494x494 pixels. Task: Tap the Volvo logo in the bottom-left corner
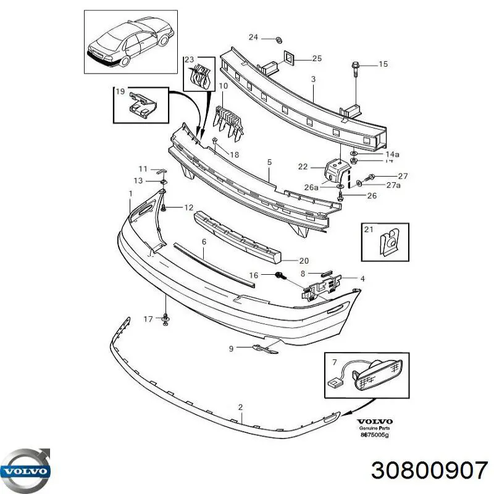27,469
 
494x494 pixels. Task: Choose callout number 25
317,59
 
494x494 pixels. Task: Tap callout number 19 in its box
120,91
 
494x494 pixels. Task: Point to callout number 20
304,261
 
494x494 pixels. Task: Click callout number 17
148,319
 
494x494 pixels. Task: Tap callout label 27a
393,185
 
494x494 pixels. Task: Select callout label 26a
311,186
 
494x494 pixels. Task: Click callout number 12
188,207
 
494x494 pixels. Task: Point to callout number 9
232,349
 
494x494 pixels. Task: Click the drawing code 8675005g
375,434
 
